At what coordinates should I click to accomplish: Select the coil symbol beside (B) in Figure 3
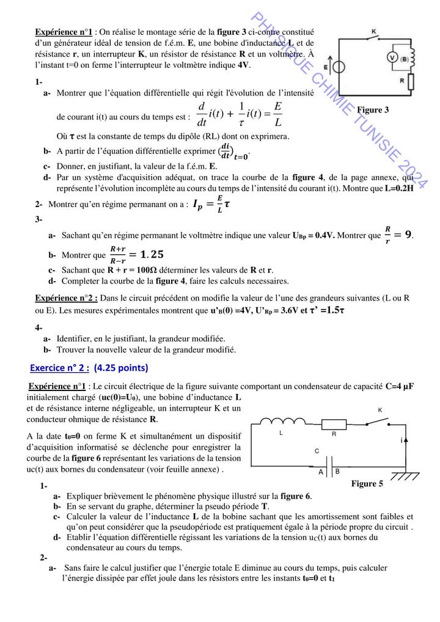412,57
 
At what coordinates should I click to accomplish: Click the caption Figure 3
373,110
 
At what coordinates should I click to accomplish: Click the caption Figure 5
367,484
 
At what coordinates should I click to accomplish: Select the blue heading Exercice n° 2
89,368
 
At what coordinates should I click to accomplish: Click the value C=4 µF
400,387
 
